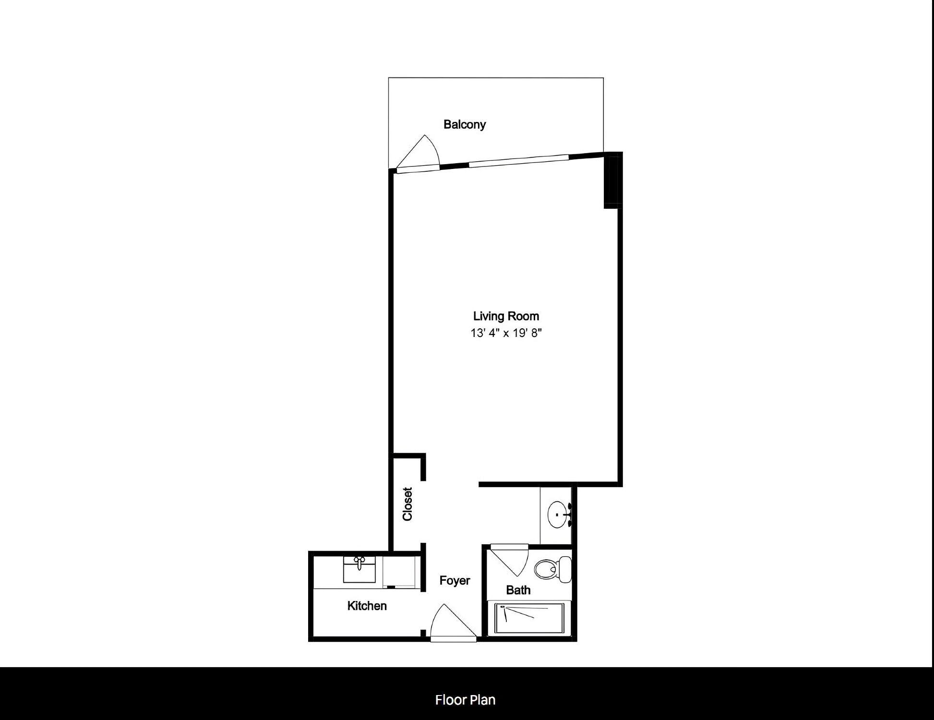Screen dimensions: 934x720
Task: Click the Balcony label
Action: (x=465, y=125)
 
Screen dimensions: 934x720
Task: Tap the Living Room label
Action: (x=506, y=316)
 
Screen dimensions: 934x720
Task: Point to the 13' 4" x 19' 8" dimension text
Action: (x=506, y=333)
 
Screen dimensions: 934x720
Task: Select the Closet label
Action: (x=407, y=504)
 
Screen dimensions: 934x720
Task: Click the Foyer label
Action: (x=455, y=581)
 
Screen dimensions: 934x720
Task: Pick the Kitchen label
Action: (x=367, y=606)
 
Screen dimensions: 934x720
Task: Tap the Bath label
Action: (x=518, y=590)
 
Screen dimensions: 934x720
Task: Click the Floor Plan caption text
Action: (x=465, y=700)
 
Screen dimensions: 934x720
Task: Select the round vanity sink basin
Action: (x=557, y=514)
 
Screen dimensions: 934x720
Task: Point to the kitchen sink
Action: (x=359, y=570)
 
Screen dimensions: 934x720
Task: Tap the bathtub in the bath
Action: (x=530, y=619)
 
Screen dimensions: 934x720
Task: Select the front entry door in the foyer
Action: (x=453, y=623)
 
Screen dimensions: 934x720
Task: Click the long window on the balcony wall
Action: (x=518, y=161)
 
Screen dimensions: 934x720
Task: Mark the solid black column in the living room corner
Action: (x=613, y=180)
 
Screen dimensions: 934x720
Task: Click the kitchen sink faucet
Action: (x=359, y=562)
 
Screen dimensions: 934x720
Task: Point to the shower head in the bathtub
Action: (x=503, y=607)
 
